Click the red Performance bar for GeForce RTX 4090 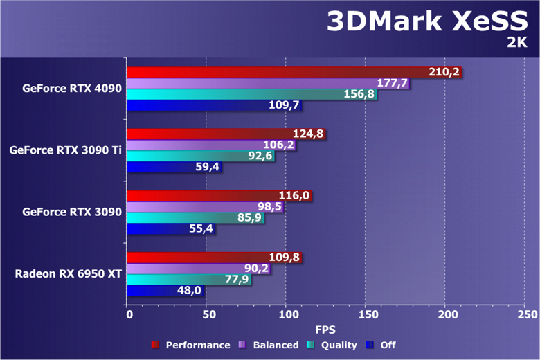[x=277, y=72]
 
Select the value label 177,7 [x=393, y=83]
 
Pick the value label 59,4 [x=206, y=167]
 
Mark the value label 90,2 [x=254, y=269]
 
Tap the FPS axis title [x=326, y=329]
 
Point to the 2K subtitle [x=516, y=44]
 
